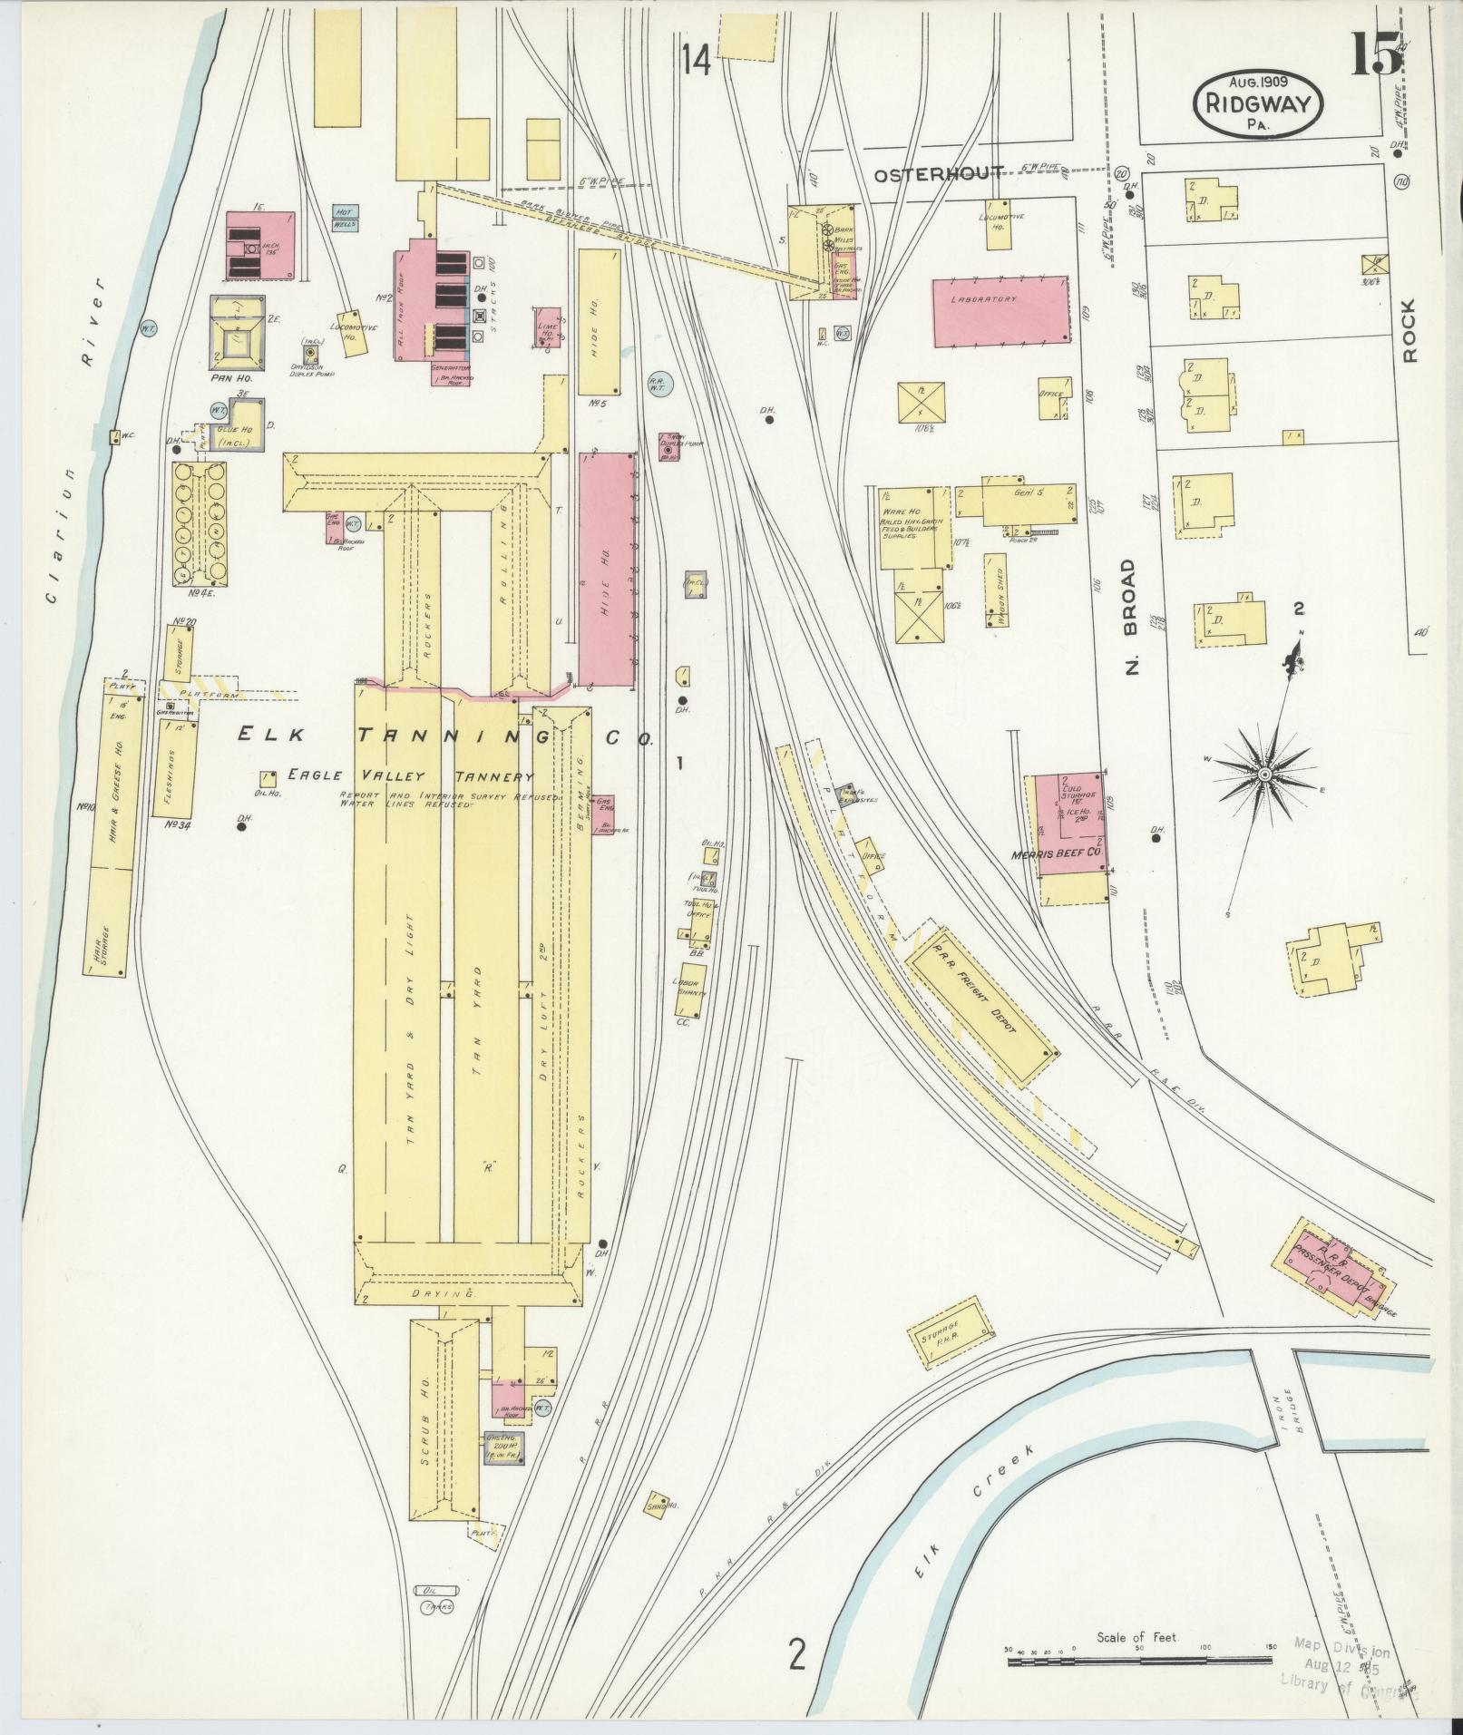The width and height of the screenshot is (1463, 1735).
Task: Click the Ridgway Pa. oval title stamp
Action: tap(1258, 103)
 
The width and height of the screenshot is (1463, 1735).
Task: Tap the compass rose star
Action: tap(1263, 772)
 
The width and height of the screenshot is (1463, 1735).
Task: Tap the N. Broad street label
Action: tap(1129, 618)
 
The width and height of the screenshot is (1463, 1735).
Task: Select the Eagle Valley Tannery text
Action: tap(408, 776)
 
